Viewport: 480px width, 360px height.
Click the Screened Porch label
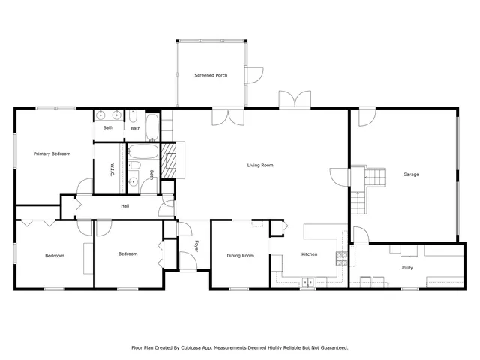(x=210, y=75)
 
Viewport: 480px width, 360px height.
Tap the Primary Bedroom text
(x=52, y=154)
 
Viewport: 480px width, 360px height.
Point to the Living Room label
(x=260, y=165)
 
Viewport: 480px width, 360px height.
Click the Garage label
(x=411, y=175)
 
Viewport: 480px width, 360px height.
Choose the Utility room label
(x=406, y=267)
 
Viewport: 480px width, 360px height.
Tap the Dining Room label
(x=240, y=256)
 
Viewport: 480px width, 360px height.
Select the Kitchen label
(x=309, y=254)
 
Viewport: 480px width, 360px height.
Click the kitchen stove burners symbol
(x=341, y=258)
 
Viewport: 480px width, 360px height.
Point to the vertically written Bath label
(x=151, y=175)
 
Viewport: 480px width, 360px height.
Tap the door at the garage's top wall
(x=367, y=117)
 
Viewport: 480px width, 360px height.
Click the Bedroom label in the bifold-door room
(x=54, y=256)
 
